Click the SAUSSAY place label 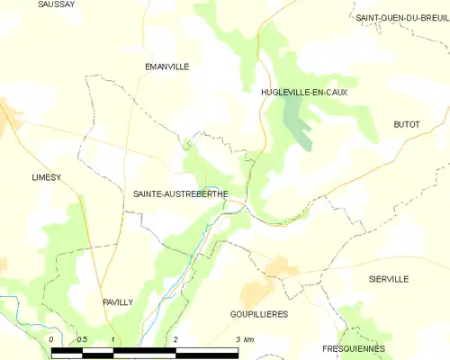pos(57,4)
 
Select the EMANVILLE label pos(166,66)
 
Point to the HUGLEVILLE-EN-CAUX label pos(304,92)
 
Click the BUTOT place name pos(407,124)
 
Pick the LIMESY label pos(45,177)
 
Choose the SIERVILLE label pos(388,279)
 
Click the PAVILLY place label pos(117,302)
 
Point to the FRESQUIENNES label pos(353,348)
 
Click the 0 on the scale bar pos(52,338)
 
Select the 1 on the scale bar pos(112,338)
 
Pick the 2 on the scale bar pos(175,338)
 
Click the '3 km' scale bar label pos(244,338)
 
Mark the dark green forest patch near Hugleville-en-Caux pos(297,121)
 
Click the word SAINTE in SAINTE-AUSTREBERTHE pos(148,193)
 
